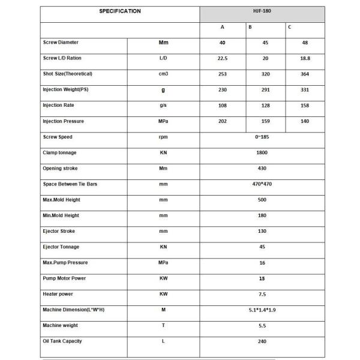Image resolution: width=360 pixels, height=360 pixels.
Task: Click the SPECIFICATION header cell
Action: [x=120, y=11]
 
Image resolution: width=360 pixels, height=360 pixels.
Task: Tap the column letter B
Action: [x=250, y=28]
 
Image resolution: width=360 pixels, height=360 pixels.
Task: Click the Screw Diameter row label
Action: [x=61, y=43]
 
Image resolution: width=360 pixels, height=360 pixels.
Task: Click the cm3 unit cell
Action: [x=163, y=74]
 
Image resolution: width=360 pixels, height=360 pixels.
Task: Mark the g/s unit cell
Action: [x=163, y=106]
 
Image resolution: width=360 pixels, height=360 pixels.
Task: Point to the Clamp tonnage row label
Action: [x=59, y=153]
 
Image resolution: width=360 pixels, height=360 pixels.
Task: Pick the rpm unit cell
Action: [x=163, y=137]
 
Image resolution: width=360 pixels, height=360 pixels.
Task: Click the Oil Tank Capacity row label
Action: [x=62, y=341]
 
